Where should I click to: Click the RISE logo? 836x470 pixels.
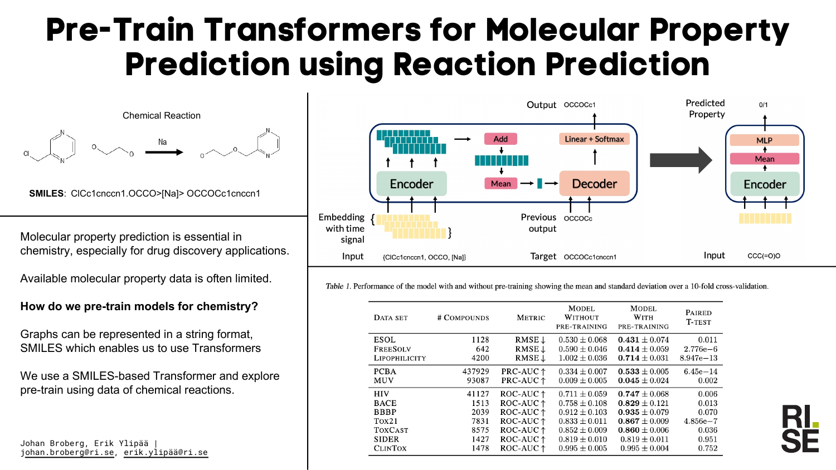click(x=800, y=429)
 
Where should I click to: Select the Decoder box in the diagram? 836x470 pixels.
click(x=594, y=184)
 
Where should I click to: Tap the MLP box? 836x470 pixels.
click(x=764, y=140)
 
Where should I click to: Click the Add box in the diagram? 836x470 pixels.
click(x=500, y=139)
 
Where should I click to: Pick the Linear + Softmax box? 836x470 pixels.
click(x=594, y=139)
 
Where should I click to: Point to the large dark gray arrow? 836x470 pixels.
click(x=681, y=160)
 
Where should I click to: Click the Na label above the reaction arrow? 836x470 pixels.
click(x=162, y=142)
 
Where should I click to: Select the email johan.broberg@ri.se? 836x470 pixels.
click(x=67, y=453)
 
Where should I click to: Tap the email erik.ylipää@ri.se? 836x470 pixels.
click(x=166, y=453)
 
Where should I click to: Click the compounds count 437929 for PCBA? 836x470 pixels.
click(x=475, y=371)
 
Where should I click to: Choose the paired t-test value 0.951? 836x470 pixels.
click(x=708, y=439)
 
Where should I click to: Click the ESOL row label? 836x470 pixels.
click(x=385, y=340)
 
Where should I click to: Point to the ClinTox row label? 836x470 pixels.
click(x=390, y=448)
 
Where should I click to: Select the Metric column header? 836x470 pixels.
click(x=531, y=318)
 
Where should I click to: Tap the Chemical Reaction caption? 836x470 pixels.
click(x=162, y=116)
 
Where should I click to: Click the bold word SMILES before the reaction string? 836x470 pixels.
click(x=46, y=194)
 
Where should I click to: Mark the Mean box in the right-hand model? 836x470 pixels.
click(x=764, y=159)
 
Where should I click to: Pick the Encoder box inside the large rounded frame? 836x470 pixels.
click(x=411, y=184)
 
